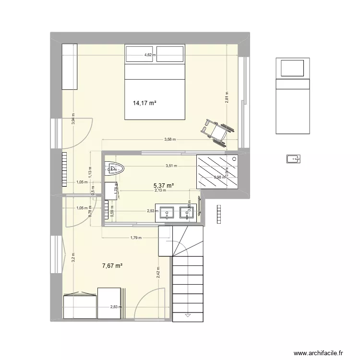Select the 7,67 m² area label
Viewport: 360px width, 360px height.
[112, 265]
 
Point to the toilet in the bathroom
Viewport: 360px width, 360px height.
[114, 168]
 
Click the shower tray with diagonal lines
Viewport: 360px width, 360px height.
[217, 172]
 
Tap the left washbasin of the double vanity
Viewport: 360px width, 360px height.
[167, 212]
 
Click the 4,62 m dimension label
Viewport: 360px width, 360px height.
[150, 55]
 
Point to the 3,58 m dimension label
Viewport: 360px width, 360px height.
[170, 140]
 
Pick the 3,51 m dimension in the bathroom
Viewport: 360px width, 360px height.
[171, 166]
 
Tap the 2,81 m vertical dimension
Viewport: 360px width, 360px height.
[227, 98]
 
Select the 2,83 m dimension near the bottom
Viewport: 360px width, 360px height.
[116, 307]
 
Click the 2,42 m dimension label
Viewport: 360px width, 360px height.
[158, 273]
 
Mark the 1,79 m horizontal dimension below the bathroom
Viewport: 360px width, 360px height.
[136, 237]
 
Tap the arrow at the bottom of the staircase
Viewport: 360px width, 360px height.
[188, 315]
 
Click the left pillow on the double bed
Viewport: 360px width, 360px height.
[140, 54]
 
